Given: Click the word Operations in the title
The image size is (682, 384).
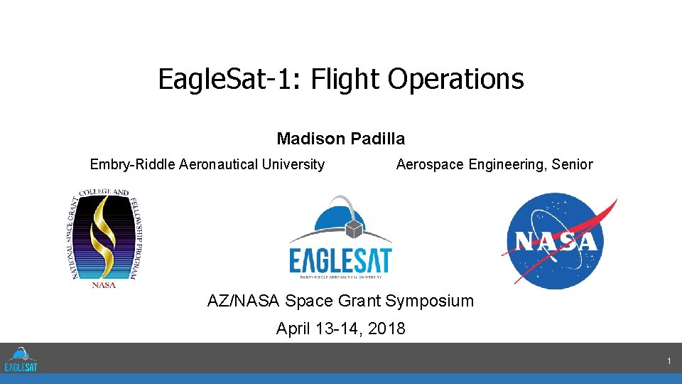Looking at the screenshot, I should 455,79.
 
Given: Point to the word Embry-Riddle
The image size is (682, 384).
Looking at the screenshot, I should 133,165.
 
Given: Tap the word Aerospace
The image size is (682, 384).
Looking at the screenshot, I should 430,165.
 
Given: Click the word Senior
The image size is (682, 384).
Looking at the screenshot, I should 572,165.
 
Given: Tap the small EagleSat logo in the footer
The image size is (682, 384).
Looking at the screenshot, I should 21,359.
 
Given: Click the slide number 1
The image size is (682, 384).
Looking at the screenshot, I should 669,362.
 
